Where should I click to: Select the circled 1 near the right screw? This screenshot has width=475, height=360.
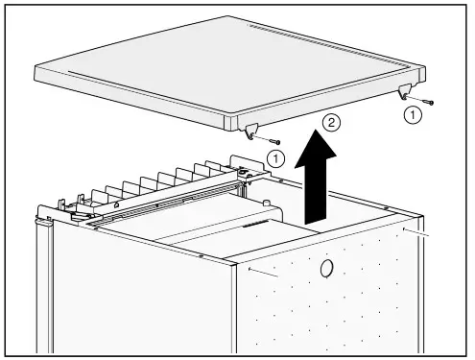[x=413, y=114]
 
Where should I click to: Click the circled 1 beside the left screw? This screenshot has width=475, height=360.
[x=276, y=156]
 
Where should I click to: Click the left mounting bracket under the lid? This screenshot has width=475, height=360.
[x=252, y=132]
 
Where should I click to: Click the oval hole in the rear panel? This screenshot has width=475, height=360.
[x=327, y=269]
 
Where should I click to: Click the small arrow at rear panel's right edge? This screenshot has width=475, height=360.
[x=418, y=233]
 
